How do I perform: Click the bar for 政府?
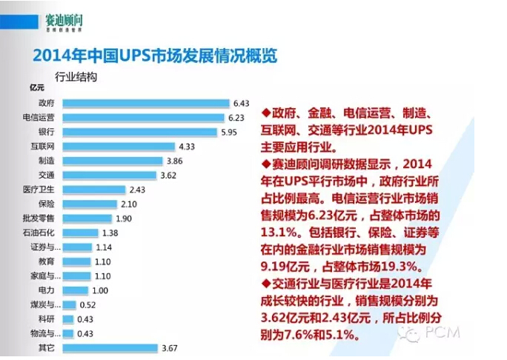point(145,103)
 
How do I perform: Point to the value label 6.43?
point(241,103)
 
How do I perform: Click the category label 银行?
point(47,132)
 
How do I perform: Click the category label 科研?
point(47,319)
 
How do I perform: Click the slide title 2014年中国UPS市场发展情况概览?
point(155,54)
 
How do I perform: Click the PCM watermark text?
point(444,333)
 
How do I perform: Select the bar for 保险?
point(89,204)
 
